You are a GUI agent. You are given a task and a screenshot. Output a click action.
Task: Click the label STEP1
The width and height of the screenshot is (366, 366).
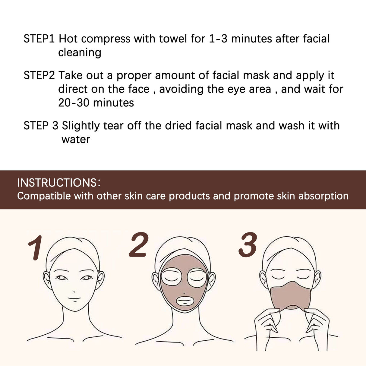39,39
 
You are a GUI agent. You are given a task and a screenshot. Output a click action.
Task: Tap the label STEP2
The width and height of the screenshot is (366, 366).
39,75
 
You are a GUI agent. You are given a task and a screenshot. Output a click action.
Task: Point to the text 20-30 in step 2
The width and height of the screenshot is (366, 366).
74,103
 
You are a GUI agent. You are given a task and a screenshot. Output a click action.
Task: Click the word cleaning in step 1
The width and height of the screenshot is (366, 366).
80,53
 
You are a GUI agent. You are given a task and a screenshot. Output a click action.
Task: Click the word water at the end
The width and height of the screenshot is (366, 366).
76,140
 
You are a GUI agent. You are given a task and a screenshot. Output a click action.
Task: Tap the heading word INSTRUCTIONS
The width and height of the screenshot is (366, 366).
57,183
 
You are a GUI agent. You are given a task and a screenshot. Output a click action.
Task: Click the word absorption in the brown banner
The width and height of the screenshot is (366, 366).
323,196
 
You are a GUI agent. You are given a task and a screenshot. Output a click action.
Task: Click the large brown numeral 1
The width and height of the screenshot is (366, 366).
36,248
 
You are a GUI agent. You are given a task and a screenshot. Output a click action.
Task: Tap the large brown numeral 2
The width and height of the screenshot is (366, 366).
139,245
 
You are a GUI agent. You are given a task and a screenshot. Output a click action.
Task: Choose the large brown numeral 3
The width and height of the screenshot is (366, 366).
248,245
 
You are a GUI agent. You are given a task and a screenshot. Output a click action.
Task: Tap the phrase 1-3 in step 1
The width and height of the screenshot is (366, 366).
218,39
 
